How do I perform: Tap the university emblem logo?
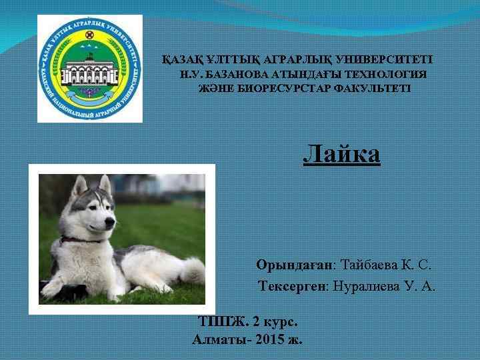(89, 68)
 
